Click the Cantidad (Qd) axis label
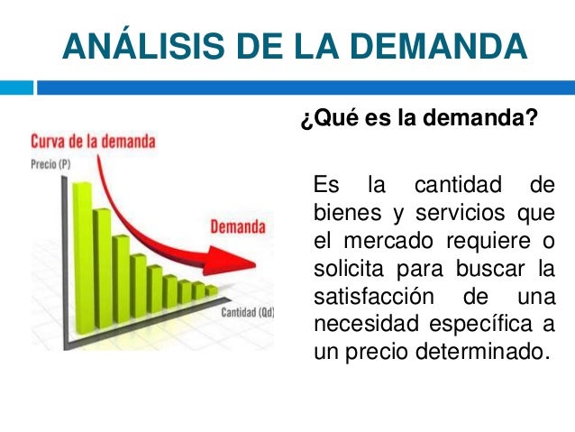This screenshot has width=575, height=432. (x=248, y=313)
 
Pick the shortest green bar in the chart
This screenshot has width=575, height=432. (x=211, y=290)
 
